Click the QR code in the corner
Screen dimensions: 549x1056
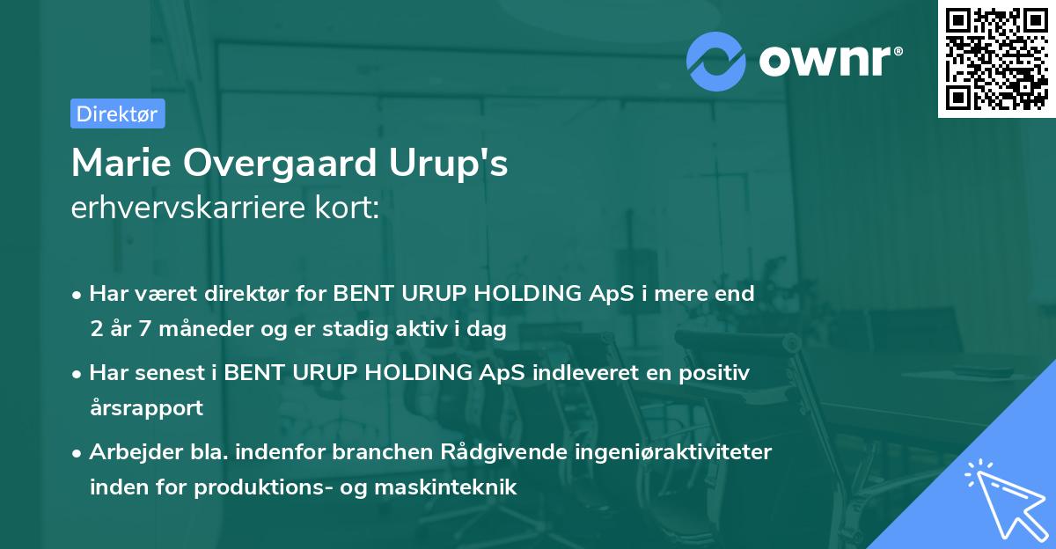995,58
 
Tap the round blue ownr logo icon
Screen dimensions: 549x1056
716,61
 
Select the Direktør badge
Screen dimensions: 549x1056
116,113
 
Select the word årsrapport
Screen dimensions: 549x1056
146,409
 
